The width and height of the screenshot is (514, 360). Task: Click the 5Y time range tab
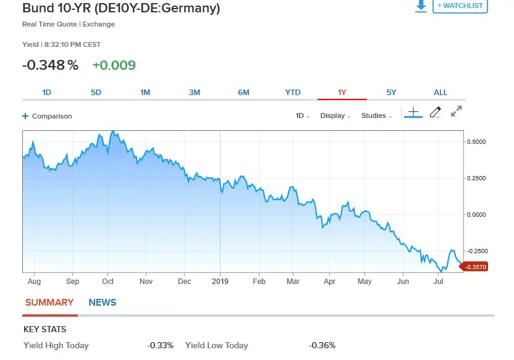pos(391,93)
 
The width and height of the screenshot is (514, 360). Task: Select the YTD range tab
pos(293,93)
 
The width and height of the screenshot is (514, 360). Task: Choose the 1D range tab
pos(47,93)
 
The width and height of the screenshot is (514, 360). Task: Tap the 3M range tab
pos(195,93)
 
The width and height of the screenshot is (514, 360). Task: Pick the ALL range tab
pos(440,93)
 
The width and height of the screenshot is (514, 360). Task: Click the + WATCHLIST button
pos(460,6)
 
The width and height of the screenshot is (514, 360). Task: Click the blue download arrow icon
pos(421,6)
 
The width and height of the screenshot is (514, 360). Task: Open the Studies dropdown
pos(376,116)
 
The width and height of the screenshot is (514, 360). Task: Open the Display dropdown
pos(335,116)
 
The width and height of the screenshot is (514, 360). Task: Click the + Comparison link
pos(48,116)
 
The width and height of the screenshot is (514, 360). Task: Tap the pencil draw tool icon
pos(436,112)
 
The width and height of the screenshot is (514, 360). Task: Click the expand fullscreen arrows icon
pos(457,112)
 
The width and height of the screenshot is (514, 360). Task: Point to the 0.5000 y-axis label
pos(476,141)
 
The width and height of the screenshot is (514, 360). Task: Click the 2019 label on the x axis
pos(220,282)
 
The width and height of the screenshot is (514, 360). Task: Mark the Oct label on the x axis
pos(108,282)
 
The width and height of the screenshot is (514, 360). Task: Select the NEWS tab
pos(103,303)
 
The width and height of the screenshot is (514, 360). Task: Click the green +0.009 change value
pos(114,65)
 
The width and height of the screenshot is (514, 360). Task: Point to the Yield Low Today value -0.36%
pos(322,346)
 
